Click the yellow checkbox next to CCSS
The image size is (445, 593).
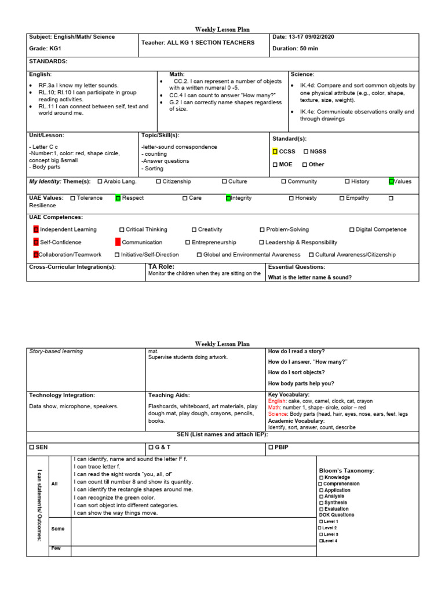click(275, 152)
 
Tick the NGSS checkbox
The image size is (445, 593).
click(305, 152)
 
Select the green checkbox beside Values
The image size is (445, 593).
click(392, 181)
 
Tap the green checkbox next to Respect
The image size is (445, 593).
click(118, 198)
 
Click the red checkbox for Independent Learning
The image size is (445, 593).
click(36, 230)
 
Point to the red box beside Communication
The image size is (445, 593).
click(118, 242)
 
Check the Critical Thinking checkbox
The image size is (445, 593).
click(122, 230)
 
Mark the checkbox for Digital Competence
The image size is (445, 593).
click(352, 230)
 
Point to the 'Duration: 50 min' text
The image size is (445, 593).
click(295, 49)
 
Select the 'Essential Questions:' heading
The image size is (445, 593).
click(296, 267)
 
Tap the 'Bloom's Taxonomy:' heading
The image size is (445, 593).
click(346, 471)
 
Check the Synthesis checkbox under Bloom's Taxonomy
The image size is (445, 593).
click(321, 503)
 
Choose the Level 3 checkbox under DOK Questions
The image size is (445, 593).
click(320, 534)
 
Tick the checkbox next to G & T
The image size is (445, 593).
click(151, 448)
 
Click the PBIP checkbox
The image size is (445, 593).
click(271, 448)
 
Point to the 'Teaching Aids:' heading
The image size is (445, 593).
click(169, 395)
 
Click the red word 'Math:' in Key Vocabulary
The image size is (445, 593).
click(276, 408)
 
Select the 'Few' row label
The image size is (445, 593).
click(56, 548)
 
